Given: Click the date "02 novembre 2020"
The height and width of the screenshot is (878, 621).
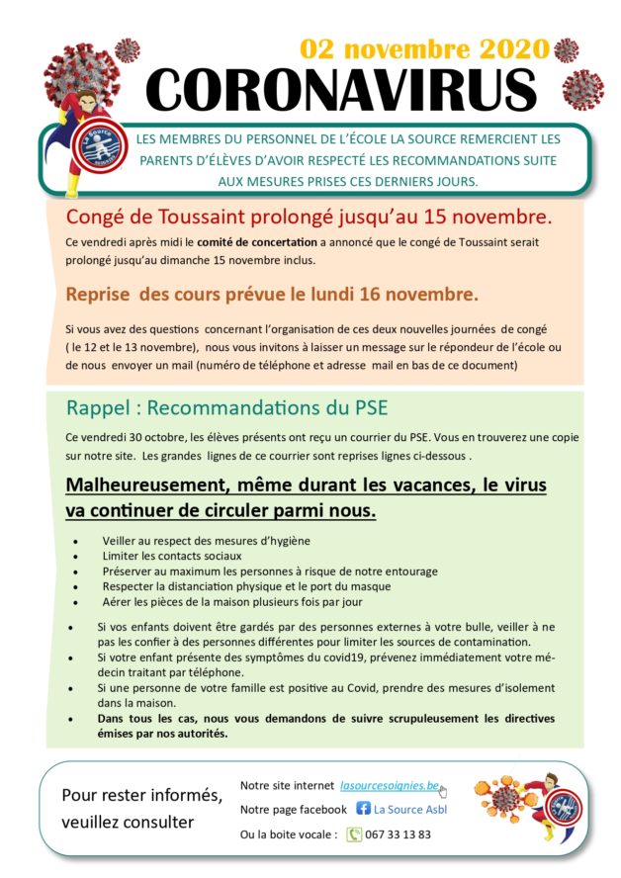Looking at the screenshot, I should [x=424, y=49].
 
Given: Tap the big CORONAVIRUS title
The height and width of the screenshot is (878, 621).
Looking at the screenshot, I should [x=341, y=91].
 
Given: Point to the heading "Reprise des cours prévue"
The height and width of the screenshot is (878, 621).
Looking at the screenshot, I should [x=272, y=294].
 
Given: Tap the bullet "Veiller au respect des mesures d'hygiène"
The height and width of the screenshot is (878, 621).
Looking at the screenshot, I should [x=206, y=541].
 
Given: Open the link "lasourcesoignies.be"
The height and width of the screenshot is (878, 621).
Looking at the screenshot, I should [x=389, y=785].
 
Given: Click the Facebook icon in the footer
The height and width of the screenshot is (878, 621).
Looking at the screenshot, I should [x=363, y=809].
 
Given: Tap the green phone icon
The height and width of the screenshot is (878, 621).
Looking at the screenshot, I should [x=355, y=834].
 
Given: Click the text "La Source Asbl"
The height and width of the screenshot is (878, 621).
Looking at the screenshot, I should [x=410, y=809].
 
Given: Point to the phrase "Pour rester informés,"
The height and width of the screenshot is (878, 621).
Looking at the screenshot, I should [x=142, y=795].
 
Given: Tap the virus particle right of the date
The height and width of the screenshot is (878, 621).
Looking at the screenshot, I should [x=567, y=49].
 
